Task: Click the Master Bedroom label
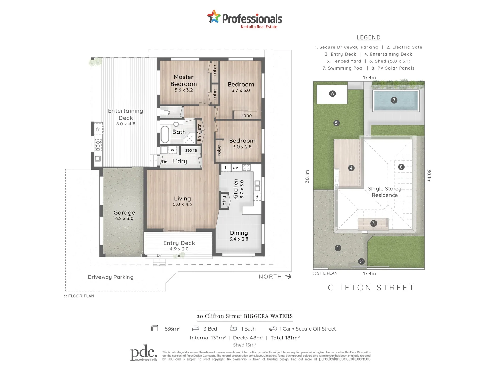coord(184,80)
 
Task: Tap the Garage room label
coord(124,213)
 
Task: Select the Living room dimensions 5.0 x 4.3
coord(182,204)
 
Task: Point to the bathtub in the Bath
coord(165,135)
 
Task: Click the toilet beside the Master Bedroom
coord(166,112)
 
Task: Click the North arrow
coord(288,277)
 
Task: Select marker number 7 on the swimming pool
coord(394,100)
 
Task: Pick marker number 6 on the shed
coord(333,94)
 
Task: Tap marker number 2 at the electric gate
coord(361,261)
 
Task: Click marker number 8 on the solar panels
coord(401,167)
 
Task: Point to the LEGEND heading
coord(368,37)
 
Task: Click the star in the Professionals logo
coord(214,17)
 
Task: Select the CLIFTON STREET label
coord(371,288)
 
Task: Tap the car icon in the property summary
coord(273,329)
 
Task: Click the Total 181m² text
coord(285,338)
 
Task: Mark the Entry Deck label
coord(179,243)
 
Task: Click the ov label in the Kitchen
coord(235,168)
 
